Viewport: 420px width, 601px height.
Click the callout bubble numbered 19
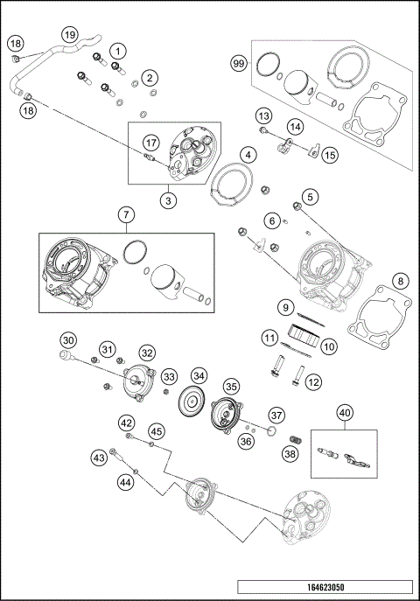click(69, 34)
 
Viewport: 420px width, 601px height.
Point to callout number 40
click(345, 412)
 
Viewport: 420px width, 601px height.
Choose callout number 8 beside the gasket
click(400, 281)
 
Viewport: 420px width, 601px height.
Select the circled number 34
click(199, 376)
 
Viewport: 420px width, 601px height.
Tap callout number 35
click(231, 386)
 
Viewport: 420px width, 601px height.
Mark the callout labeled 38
click(290, 454)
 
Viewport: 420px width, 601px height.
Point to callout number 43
click(99, 457)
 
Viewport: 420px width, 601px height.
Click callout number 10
click(329, 346)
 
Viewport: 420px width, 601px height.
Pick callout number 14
click(295, 127)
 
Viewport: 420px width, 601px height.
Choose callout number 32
click(146, 353)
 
